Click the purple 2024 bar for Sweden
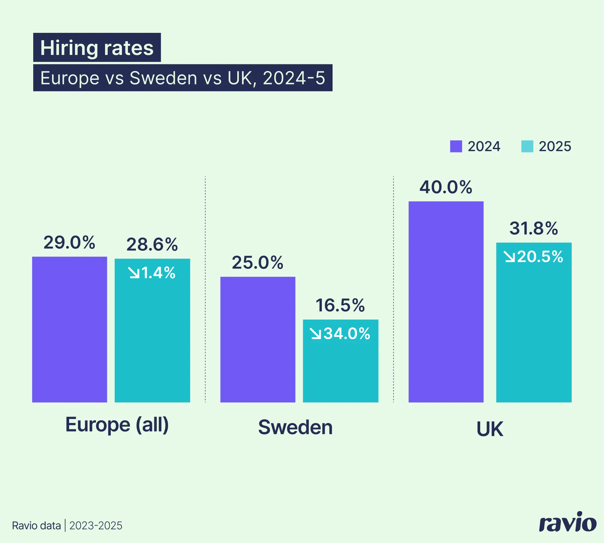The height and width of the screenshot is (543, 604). [258, 339]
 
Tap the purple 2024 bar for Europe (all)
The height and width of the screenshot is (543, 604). [69, 329]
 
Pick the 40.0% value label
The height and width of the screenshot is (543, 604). [446, 187]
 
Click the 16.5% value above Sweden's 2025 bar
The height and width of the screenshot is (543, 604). [340, 305]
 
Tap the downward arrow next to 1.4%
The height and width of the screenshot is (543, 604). [134, 273]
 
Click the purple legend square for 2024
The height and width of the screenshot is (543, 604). [456, 146]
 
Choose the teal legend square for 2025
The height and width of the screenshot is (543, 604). [527, 146]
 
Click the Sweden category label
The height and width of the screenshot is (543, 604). [295, 427]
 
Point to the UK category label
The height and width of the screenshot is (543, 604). [490, 429]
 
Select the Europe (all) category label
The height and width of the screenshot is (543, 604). [117, 425]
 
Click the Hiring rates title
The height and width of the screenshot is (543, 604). [97, 48]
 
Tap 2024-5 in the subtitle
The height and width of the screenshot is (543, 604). [294, 78]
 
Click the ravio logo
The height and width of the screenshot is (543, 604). [567, 522]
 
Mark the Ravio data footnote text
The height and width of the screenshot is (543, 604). [36, 526]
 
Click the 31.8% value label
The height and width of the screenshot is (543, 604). [534, 228]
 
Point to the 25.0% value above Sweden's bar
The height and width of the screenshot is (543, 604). [257, 262]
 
